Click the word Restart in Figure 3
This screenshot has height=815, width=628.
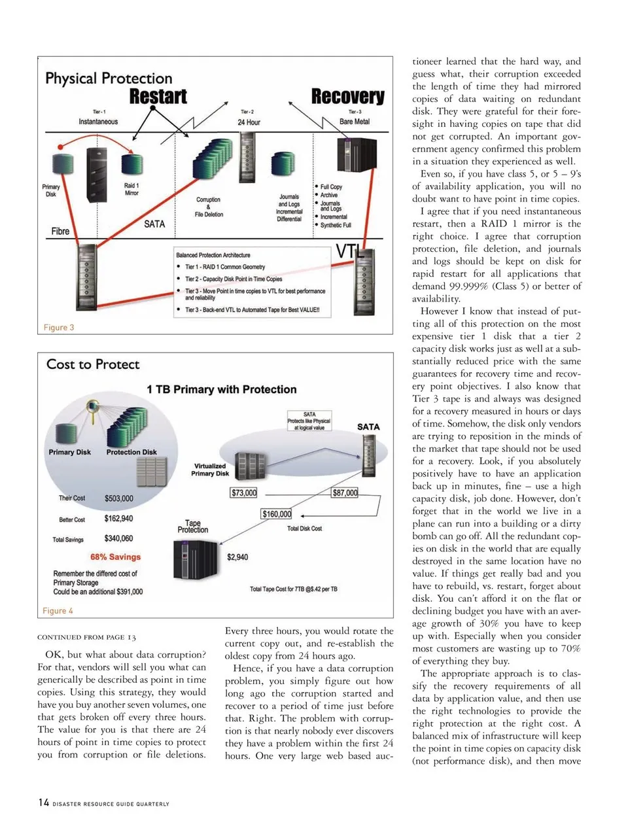[158, 97]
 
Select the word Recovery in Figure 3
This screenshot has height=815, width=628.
[347, 97]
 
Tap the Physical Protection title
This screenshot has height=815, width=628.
[109, 78]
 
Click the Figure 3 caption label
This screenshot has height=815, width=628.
[59, 327]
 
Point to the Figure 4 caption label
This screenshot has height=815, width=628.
[58, 610]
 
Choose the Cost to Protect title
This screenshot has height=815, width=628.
[93, 364]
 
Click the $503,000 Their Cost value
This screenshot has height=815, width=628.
[118, 498]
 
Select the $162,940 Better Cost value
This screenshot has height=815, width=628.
[118, 519]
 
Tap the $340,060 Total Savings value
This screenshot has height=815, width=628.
[118, 539]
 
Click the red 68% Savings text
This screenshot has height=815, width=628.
[116, 557]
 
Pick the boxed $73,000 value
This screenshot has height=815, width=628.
[243, 493]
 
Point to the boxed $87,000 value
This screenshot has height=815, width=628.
[345, 493]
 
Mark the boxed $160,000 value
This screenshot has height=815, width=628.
[277, 514]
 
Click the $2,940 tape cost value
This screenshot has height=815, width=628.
[237, 557]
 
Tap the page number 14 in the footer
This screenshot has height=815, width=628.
[43, 803]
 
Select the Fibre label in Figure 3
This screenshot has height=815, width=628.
[60, 231]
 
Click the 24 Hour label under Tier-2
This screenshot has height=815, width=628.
[249, 122]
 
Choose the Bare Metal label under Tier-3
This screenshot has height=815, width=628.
[355, 122]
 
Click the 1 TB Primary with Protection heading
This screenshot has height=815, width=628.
[222, 389]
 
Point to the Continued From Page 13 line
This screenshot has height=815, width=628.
[86, 637]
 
